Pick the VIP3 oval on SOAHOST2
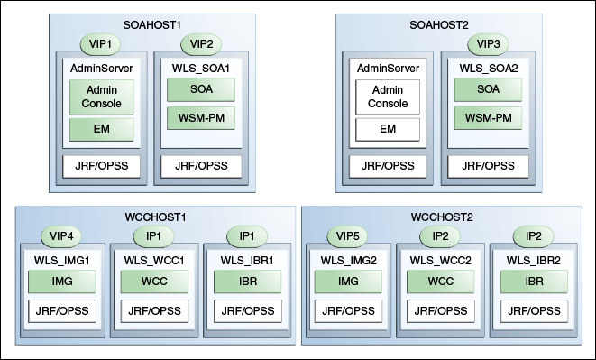[x=488, y=43]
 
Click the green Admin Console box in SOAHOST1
[x=102, y=97]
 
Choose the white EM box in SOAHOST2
[x=388, y=130]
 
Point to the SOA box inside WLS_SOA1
[x=200, y=89]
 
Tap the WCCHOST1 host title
[x=154, y=217]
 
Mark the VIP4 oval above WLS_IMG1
[x=61, y=237]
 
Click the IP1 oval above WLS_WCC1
[x=153, y=237]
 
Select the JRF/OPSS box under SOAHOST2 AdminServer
[x=388, y=166]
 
